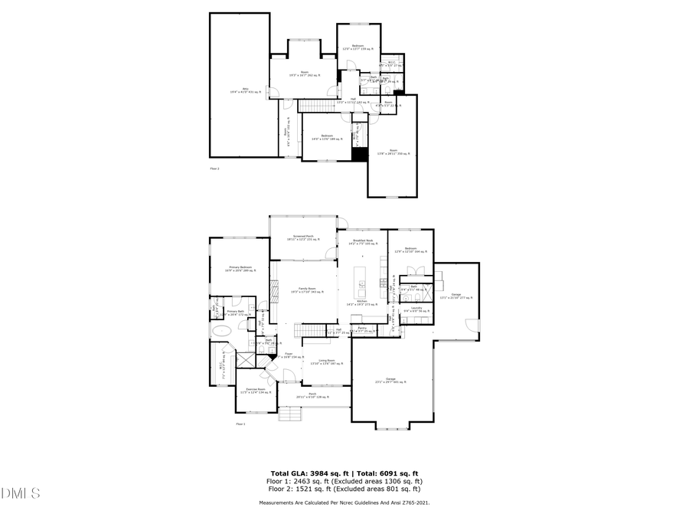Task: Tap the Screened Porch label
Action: [x=303, y=238]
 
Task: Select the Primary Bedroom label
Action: [x=240, y=268]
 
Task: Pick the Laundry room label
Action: [x=416, y=309]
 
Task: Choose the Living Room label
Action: [x=327, y=362]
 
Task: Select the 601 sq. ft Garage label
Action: [x=390, y=380]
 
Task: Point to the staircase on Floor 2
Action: [x=312, y=105]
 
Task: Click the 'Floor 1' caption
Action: [x=240, y=424]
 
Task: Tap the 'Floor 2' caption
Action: [x=214, y=168]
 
